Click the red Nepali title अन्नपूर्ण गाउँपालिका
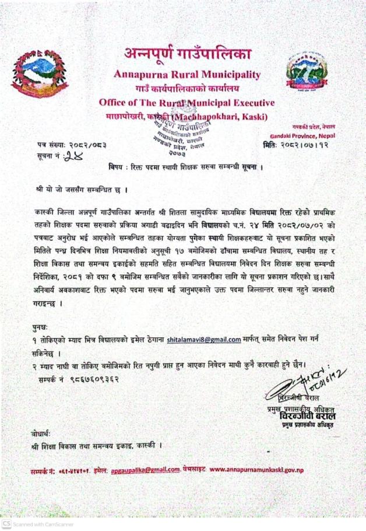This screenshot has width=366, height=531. click(x=187, y=55)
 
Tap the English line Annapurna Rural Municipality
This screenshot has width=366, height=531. click(x=187, y=75)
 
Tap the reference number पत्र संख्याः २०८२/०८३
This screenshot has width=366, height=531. click(x=72, y=144)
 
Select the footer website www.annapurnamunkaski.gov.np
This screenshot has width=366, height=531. click(x=256, y=470)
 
